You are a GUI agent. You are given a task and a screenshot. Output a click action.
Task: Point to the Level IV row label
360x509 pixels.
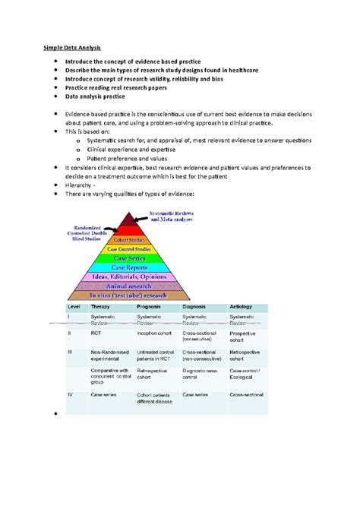tap(69, 394)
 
